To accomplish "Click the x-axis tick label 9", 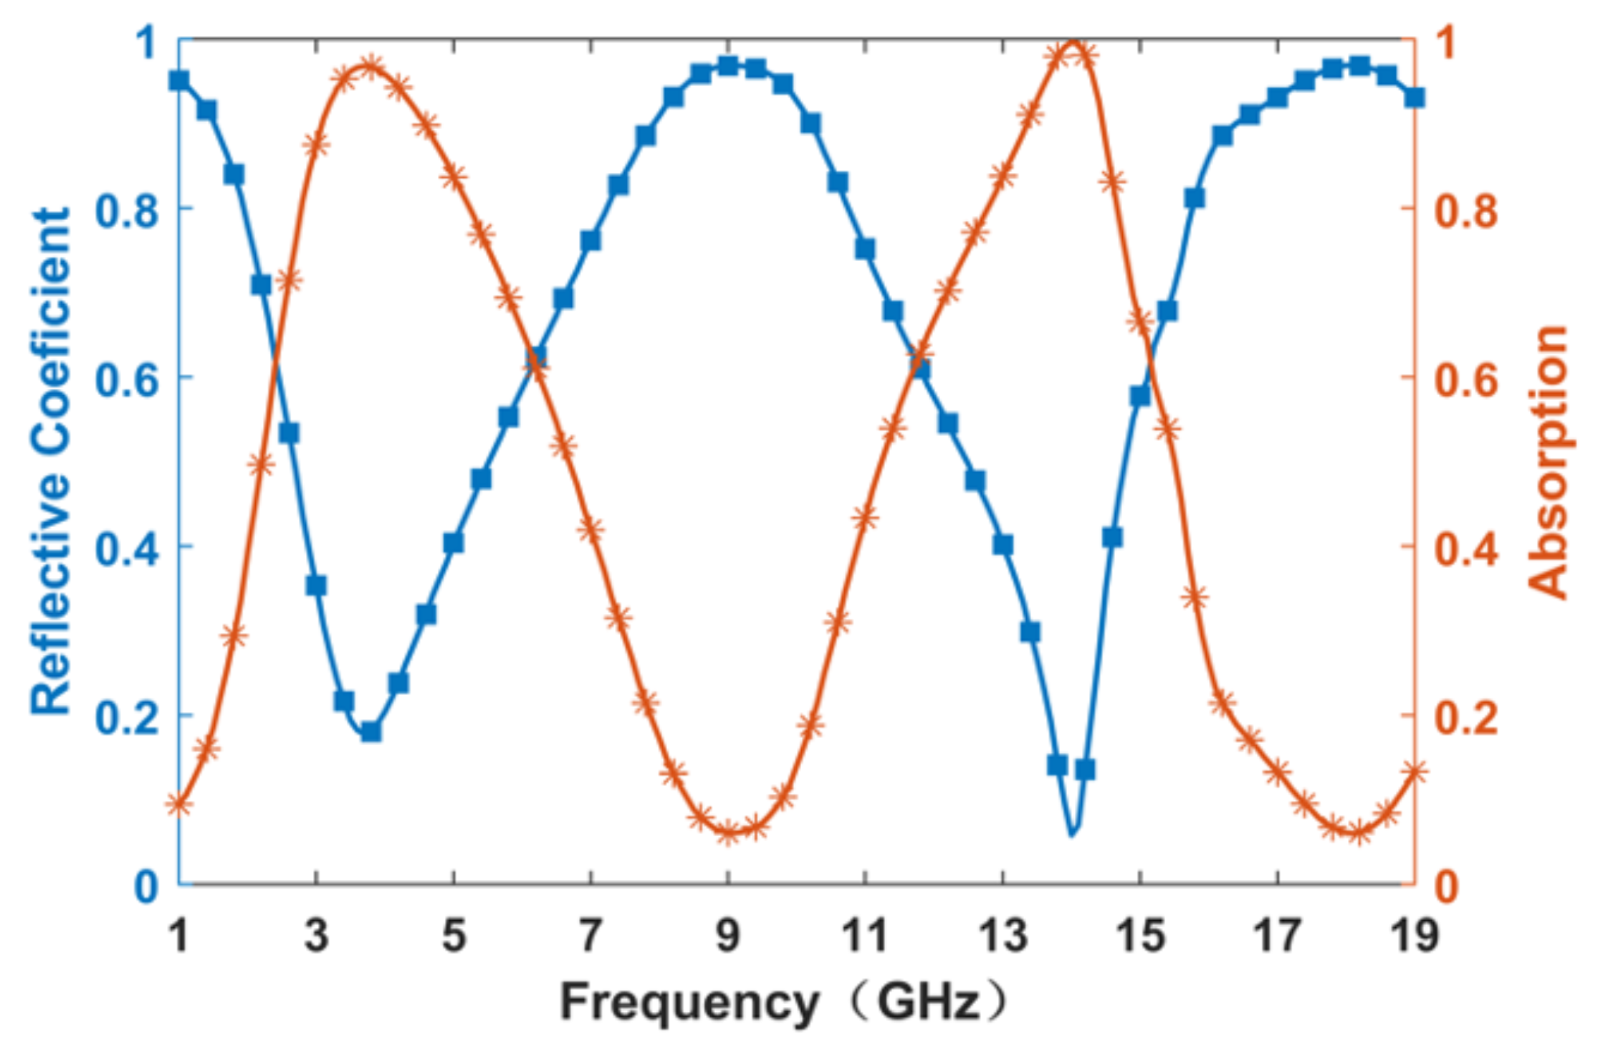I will pos(728,936).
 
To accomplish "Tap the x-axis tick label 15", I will pos(1139,936).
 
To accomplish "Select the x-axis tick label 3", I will pos(316,936).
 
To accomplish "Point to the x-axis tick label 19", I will pos(1414,936).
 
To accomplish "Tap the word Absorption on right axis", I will pos(1548,463).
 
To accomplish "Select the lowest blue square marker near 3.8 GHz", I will pos(370,731).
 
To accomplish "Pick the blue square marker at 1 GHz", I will pos(179,80).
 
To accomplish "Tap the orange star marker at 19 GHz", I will pos(1414,772).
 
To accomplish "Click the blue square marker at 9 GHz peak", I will pos(728,66).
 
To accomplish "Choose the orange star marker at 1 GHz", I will pos(179,805).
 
